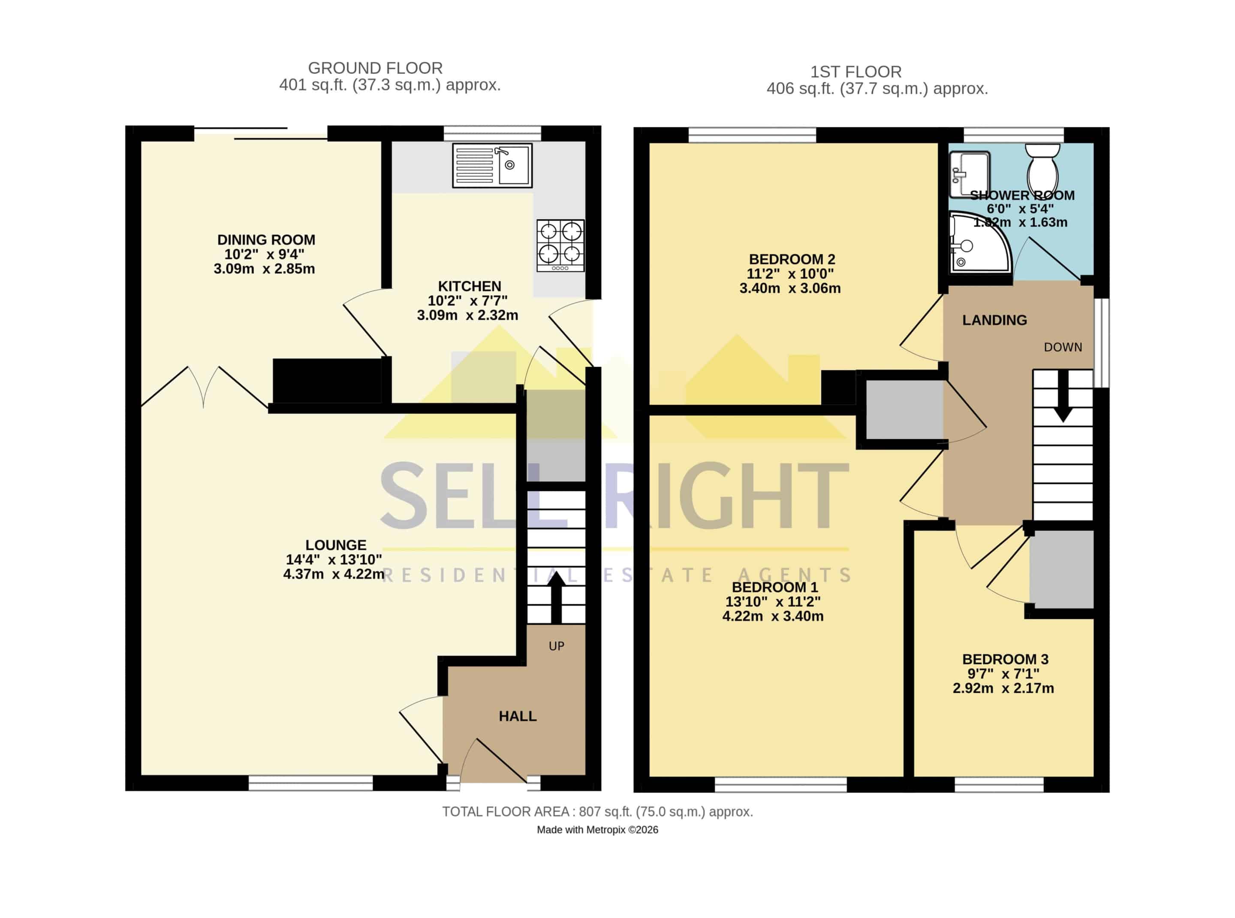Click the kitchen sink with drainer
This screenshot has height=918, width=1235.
tap(492, 165)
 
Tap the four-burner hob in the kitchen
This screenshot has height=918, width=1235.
tap(560, 245)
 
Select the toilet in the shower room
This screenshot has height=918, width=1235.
tap(1042, 168)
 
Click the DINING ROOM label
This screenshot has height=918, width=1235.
tap(266, 240)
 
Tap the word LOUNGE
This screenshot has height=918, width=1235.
tap(336, 545)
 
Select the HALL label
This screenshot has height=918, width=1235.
tap(518, 716)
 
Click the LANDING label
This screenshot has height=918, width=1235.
tap(994, 320)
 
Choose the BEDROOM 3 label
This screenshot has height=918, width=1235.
tap(1005, 659)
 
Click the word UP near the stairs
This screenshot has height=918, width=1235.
tap(557, 646)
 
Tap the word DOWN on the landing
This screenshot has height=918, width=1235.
tap(1063, 347)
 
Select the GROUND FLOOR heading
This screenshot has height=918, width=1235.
tap(375, 68)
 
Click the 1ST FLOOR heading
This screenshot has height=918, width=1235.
tap(856, 72)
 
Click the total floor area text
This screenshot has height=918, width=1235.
tap(597, 812)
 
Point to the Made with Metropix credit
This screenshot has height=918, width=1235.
tap(597, 830)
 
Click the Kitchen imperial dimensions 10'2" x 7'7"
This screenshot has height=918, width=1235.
tap(467, 300)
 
